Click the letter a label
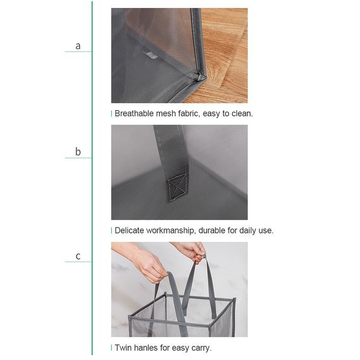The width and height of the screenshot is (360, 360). [x=78, y=46]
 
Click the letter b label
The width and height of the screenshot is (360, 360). [x=78, y=151]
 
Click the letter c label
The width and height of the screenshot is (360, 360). [x=78, y=256]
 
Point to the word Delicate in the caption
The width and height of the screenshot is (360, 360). [x=129, y=230]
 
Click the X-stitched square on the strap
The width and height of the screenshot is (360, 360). [x=176, y=185]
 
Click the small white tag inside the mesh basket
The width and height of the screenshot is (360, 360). [x=150, y=55]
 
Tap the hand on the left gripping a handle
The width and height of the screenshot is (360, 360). [x=147, y=268]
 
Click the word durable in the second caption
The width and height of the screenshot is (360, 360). [x=212, y=230]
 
